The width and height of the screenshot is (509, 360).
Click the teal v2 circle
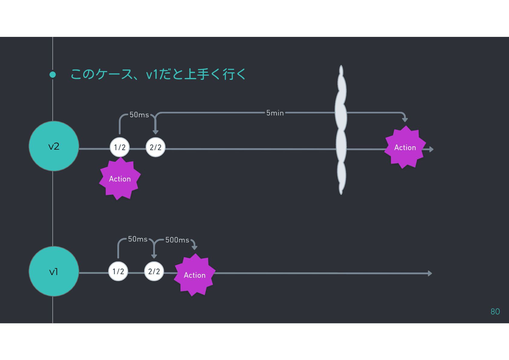pos(54,146)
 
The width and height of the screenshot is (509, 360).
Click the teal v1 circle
pos(54,271)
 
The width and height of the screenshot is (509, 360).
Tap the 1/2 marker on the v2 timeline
pos(120,147)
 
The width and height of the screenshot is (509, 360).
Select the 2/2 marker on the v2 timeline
pos(156,147)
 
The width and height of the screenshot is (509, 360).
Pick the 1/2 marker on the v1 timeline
pos(118,271)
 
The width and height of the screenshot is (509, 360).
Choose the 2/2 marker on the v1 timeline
pos(154,271)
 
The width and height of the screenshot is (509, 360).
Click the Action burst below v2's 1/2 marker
pos(120,179)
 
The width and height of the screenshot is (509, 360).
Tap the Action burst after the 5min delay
pos(405,148)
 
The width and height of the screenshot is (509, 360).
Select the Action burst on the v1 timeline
pos(195,275)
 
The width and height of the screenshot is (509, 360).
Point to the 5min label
pos(275,113)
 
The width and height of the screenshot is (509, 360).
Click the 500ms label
pos(177,240)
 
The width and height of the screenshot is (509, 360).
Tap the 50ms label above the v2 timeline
pos(139,115)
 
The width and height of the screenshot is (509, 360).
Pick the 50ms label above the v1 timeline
pos(138,239)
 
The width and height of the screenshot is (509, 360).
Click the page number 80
pos(495,312)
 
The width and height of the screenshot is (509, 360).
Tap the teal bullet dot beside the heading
pos(53,75)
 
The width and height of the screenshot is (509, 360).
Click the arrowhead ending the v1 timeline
pos(430,274)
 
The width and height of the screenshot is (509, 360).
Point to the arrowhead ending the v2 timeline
pos(431,149)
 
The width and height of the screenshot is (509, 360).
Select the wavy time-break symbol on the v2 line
pos(341,130)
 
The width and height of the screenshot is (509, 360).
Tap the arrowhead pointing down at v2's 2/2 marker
pos(156,132)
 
